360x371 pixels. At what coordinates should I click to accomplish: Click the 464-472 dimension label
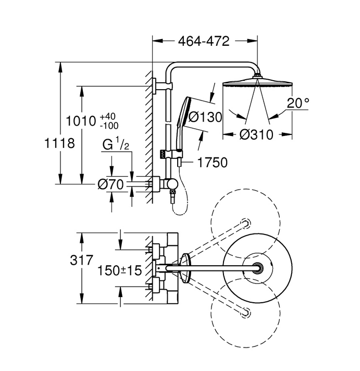click(204, 41)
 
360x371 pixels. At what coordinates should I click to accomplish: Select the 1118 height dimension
click(59, 143)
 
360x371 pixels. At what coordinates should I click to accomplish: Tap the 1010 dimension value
click(81, 121)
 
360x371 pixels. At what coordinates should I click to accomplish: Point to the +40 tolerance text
click(108, 116)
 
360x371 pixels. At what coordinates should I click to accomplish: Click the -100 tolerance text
click(109, 126)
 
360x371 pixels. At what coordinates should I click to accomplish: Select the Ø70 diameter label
click(110, 184)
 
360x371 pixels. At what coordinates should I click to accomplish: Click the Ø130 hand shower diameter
click(205, 117)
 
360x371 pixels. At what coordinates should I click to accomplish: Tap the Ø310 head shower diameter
click(256, 134)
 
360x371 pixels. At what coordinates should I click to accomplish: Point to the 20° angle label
click(298, 103)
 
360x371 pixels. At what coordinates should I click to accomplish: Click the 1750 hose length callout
click(212, 163)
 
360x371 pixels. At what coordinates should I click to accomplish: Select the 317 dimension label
click(82, 260)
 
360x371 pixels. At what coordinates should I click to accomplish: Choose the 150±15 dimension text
click(119, 270)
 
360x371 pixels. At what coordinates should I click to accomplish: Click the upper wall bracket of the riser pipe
click(163, 86)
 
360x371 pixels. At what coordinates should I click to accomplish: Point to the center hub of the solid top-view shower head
click(258, 268)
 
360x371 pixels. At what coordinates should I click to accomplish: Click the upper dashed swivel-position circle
click(245, 223)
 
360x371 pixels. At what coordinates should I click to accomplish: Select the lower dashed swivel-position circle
click(245, 313)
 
